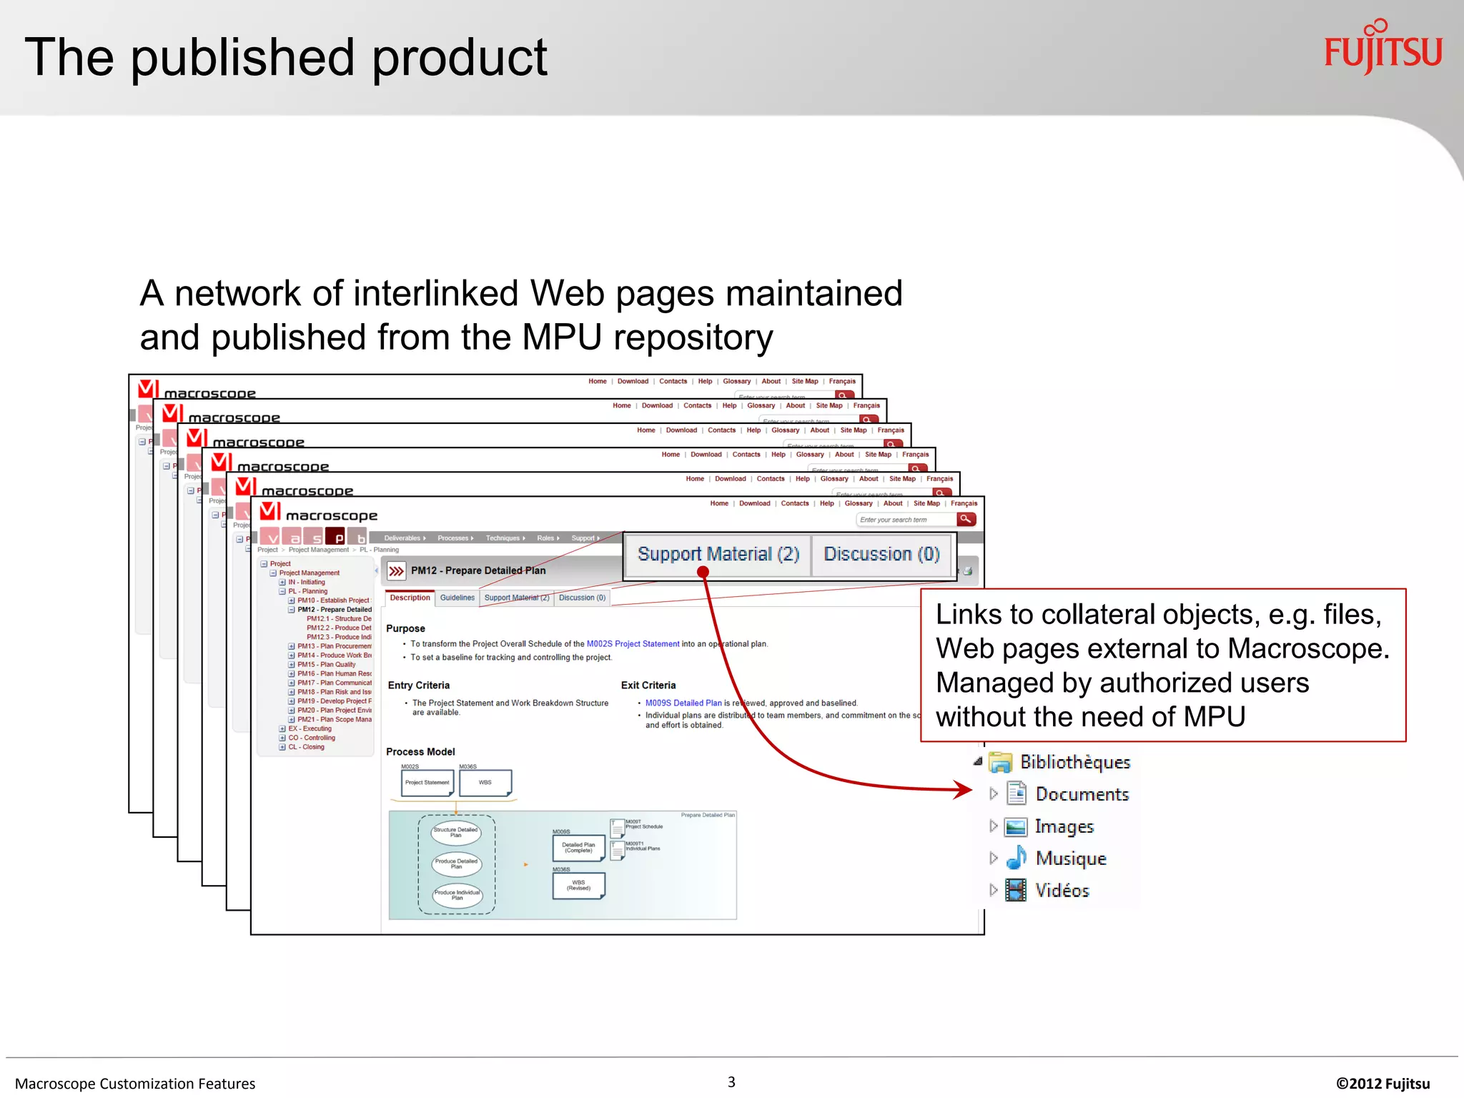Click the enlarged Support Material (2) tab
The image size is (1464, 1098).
(718, 554)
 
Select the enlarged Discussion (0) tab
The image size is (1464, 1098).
(881, 554)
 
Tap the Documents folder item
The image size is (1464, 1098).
(1082, 794)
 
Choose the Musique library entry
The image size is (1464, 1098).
(1070, 859)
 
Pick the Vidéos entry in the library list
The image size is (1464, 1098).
(1062, 891)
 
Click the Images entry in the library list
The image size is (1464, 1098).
(1064, 826)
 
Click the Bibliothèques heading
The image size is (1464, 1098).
(1074, 762)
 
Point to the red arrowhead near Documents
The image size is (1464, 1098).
(964, 790)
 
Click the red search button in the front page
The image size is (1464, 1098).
(966, 519)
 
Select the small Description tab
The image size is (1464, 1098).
(410, 598)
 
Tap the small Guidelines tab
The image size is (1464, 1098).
(457, 598)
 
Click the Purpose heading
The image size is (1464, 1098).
(405, 628)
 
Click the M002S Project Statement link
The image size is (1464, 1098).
(633, 644)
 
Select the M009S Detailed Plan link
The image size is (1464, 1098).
(683, 703)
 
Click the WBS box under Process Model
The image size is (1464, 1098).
(485, 783)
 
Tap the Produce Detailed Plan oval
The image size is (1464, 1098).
(457, 864)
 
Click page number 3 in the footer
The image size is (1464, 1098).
(731, 1082)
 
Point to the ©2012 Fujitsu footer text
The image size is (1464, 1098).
(1383, 1084)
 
